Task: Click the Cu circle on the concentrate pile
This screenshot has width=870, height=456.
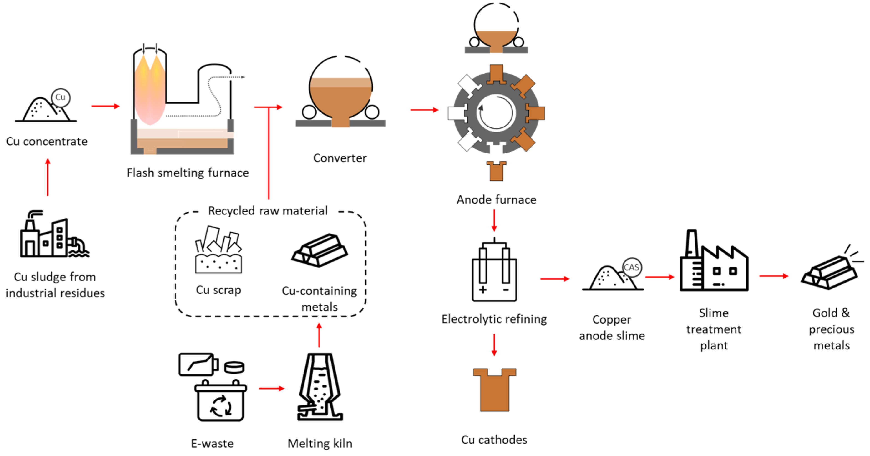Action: coord(61,97)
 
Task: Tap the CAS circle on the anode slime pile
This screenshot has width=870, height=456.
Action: coord(631,267)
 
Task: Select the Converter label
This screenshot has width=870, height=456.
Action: coord(340,158)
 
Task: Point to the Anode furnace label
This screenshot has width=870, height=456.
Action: coord(496,200)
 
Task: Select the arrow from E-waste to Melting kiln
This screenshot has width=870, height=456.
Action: coord(271,388)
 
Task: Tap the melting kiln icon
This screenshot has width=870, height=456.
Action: coord(320,387)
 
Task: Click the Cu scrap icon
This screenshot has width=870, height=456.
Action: coord(218,250)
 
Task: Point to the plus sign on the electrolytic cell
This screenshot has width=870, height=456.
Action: coord(483,290)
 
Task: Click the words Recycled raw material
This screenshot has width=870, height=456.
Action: coord(267,211)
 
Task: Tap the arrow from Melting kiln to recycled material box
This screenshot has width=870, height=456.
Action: coord(319,335)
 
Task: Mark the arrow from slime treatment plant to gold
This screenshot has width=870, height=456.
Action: coord(774,276)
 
